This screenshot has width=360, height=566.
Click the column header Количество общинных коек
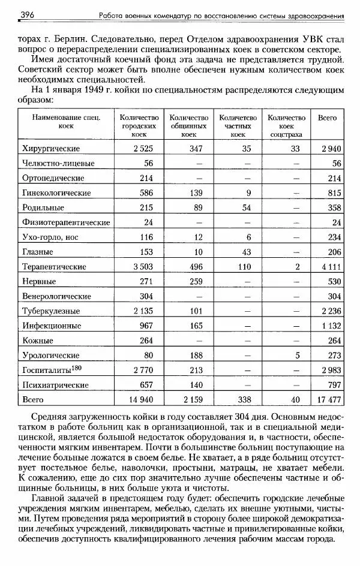click(x=188, y=127)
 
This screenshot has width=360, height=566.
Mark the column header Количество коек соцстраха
click(x=286, y=127)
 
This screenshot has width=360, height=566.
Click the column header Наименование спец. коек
click(x=66, y=122)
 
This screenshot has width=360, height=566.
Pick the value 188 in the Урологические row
click(x=192, y=355)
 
